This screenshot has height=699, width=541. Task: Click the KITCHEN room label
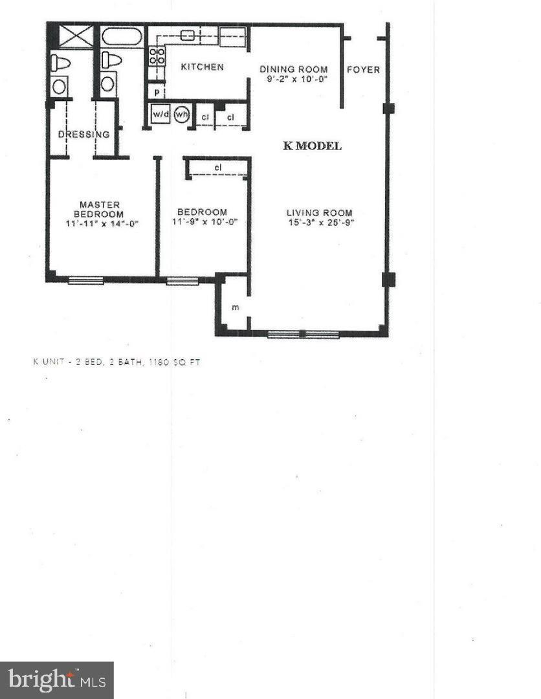tap(202, 67)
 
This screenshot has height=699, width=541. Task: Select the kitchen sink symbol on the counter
tap(188, 36)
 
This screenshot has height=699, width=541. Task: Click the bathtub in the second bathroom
tap(122, 36)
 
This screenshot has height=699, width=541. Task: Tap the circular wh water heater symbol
tap(181, 114)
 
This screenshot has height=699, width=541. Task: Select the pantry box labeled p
tap(157, 92)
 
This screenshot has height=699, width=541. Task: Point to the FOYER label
tap(363, 69)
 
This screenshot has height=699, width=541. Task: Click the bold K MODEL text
tap(312, 146)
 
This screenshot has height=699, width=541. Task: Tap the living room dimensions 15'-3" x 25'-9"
tap(320, 223)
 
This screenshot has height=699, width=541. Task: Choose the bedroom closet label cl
tap(218, 168)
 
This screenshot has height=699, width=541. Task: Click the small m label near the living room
tap(235, 307)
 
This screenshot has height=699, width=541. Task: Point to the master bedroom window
tap(85, 280)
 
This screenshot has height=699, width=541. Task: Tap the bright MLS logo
tap(56, 680)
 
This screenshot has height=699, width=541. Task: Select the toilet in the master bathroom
tap(60, 63)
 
